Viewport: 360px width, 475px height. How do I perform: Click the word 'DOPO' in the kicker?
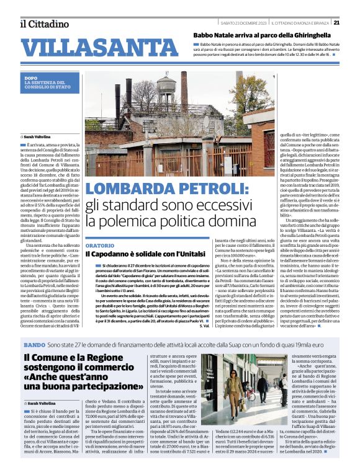[x=31, y=78]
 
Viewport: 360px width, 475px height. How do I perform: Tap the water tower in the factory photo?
[x=166, y=88]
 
